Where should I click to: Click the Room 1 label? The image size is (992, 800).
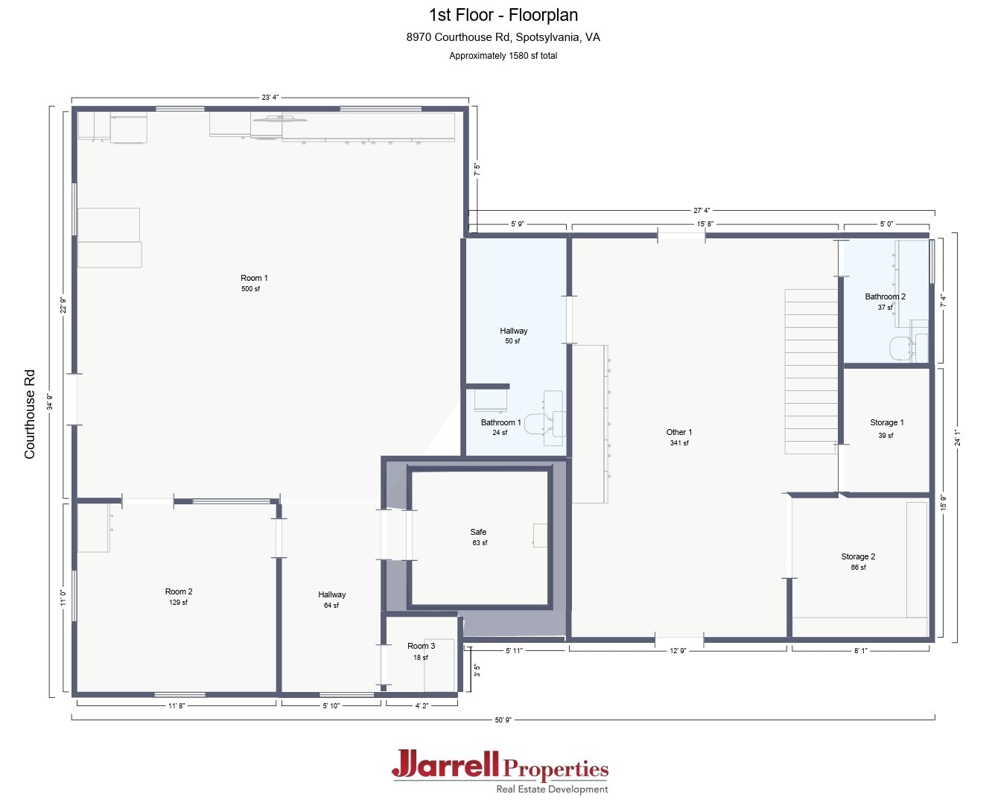(x=254, y=279)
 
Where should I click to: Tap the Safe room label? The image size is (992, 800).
(x=478, y=532)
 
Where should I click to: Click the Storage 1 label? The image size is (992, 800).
(x=886, y=422)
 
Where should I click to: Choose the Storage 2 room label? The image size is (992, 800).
(x=858, y=556)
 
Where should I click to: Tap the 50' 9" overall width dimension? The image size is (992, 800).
(x=503, y=720)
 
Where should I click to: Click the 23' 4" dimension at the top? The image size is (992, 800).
(x=270, y=98)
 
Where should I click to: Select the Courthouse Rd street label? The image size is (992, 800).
(x=30, y=413)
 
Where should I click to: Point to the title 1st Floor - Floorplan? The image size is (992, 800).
(x=503, y=15)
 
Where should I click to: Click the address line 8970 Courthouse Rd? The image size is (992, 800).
(x=503, y=37)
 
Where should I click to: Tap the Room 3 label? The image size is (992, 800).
(x=421, y=646)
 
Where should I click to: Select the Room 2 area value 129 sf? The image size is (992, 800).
(x=178, y=603)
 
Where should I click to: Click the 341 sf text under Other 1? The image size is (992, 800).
(x=679, y=443)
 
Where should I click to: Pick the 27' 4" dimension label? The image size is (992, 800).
(x=701, y=211)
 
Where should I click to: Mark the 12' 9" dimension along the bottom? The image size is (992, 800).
(x=678, y=651)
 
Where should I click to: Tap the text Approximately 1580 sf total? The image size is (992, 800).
(x=503, y=56)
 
